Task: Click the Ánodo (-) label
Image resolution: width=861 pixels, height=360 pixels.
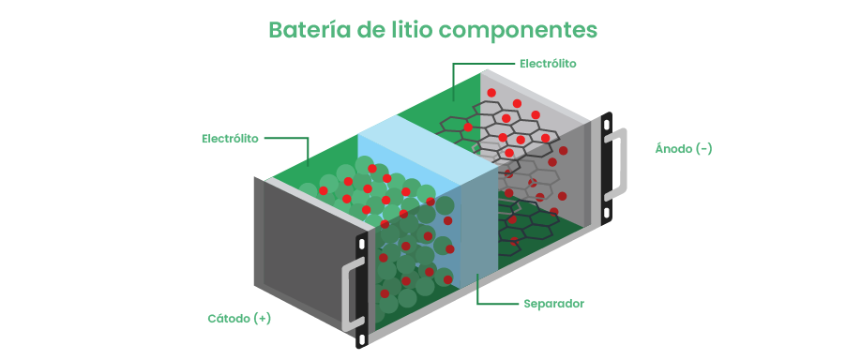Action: (x=683, y=148)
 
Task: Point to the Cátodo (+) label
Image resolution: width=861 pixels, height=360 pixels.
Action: (x=239, y=318)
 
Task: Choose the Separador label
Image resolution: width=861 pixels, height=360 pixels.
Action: (x=553, y=304)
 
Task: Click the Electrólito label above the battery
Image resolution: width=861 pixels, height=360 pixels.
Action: (x=548, y=64)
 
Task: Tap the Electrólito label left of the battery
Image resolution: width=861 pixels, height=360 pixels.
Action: (x=230, y=138)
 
